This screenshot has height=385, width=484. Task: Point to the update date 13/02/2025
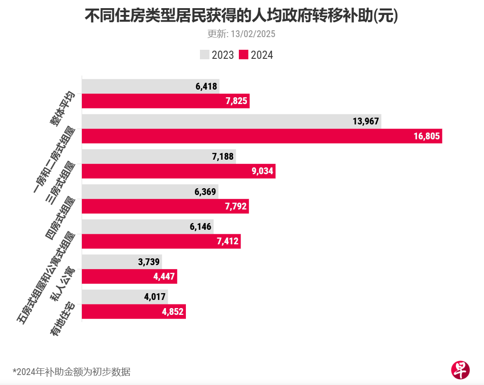(241, 34)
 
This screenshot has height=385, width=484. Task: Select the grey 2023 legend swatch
(204, 55)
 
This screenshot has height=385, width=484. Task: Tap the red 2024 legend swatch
(244, 55)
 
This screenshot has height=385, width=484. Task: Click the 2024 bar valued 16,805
(261, 136)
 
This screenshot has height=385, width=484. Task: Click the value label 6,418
(207, 86)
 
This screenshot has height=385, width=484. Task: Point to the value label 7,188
(223, 157)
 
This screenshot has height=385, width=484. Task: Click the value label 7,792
(236, 207)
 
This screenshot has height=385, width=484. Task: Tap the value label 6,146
(201, 226)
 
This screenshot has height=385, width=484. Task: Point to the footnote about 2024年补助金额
(71, 372)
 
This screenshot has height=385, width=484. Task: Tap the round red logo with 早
(460, 370)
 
